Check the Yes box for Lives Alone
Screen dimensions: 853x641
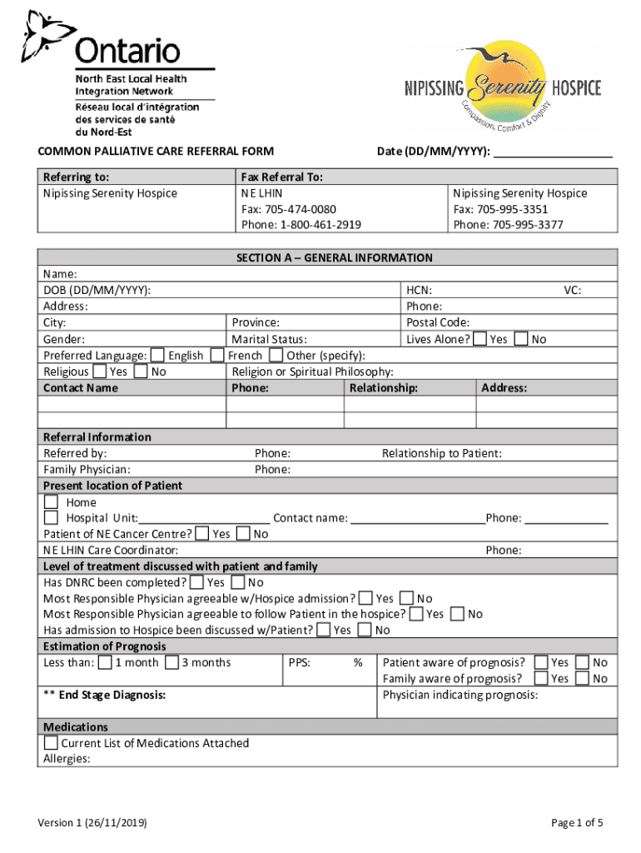tap(480, 339)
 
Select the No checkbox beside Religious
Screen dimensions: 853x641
tap(141, 372)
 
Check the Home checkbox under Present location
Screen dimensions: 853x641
tap(52, 502)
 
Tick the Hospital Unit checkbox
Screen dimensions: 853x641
tap(52, 518)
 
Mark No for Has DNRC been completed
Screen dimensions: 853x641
tap(238, 582)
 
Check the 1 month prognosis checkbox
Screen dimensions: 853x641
tap(105, 663)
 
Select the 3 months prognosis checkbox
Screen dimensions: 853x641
tap(171, 663)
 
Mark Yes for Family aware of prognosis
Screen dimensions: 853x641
tap(541, 679)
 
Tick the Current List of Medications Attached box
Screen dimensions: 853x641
tap(52, 743)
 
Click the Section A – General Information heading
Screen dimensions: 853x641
tap(334, 258)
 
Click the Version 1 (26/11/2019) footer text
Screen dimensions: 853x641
tap(92, 823)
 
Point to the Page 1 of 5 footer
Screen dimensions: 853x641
tap(577, 823)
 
